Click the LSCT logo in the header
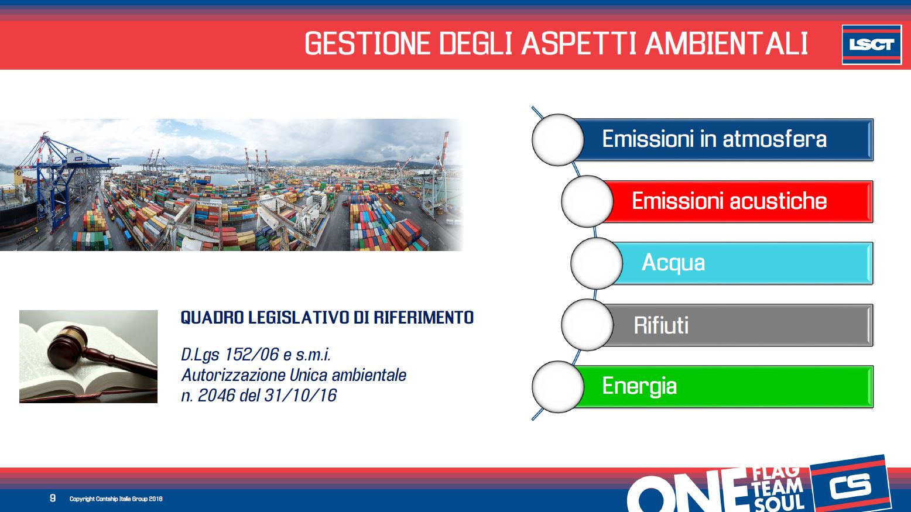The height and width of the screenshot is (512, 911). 872,44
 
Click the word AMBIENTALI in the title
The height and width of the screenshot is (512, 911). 727,43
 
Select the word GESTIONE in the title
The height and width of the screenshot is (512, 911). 367,43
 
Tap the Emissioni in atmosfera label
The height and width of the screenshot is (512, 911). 714,139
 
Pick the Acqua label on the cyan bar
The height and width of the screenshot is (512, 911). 673,263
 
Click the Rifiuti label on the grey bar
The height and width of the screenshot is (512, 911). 661,325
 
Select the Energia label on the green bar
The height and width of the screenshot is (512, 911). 639,386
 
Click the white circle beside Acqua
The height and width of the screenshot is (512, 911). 596,263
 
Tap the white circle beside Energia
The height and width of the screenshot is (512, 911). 557,387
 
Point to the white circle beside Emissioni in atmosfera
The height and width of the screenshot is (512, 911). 557,139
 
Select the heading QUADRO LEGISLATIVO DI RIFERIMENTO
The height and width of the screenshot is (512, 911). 327,317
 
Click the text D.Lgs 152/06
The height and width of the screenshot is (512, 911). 230,355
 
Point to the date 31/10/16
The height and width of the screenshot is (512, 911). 300,396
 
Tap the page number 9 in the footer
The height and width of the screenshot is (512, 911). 53,498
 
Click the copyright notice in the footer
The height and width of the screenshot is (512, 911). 116,499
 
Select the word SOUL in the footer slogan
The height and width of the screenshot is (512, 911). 779,503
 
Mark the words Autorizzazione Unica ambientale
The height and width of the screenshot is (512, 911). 294,375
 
